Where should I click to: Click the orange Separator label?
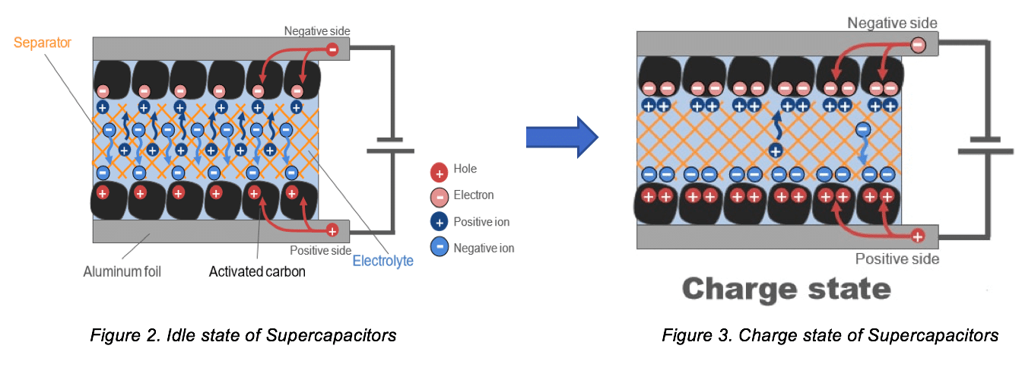[x=43, y=43]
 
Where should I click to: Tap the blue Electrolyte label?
[x=383, y=261]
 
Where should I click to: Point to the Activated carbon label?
[x=257, y=271]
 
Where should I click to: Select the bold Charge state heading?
[x=786, y=289]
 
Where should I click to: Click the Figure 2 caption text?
[x=243, y=334]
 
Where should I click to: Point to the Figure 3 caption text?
[x=830, y=334]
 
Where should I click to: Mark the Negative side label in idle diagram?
[x=317, y=31]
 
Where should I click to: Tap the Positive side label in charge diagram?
[x=897, y=259]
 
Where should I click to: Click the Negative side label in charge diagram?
[x=893, y=24]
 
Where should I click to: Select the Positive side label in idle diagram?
[x=320, y=250]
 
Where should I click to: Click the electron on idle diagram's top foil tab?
[x=332, y=49]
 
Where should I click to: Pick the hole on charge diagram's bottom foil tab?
[x=918, y=236]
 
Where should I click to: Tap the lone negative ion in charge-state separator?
[x=863, y=130]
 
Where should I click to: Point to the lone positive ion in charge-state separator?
[x=775, y=150]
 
